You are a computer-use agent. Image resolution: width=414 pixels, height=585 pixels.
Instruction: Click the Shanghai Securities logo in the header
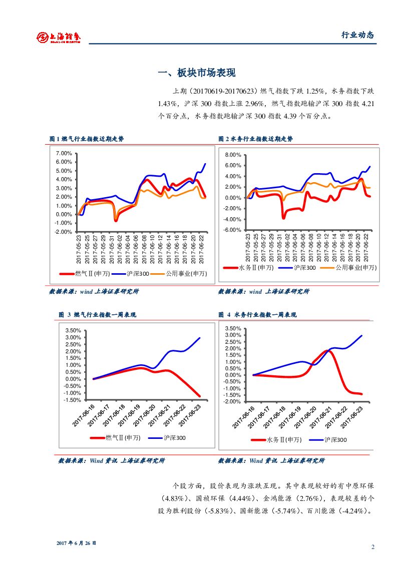[x=59, y=37]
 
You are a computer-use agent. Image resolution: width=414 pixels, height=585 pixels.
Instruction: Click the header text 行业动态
[x=357, y=35]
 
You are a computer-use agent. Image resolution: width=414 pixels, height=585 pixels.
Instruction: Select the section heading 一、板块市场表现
[x=196, y=73]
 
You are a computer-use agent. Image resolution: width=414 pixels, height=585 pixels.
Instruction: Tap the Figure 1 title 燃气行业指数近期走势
[x=87, y=139]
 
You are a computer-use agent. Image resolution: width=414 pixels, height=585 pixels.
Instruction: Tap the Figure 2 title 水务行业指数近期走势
[x=255, y=139]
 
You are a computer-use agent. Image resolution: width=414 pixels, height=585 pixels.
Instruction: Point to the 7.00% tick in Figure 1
[x=64, y=153]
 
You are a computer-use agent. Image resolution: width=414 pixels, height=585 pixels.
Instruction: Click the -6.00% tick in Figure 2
[x=233, y=230]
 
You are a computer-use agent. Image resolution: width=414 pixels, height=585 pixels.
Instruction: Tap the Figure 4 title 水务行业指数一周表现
[x=258, y=315]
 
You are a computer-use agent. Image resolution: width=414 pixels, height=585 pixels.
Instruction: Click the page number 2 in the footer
[x=372, y=546]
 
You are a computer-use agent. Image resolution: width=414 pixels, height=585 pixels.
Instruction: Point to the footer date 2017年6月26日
[x=76, y=543]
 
